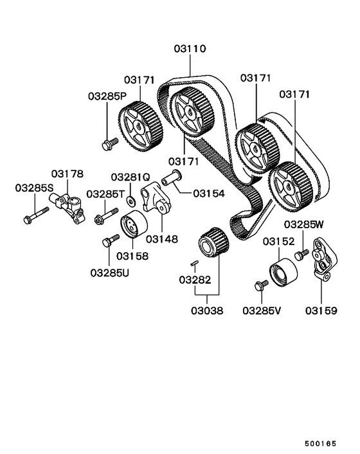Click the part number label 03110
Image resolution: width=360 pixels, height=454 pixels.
click(190, 48)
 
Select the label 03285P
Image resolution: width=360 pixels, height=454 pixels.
click(107, 96)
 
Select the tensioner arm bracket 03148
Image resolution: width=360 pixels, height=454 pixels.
click(155, 196)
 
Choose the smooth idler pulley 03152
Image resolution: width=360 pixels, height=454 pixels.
click(282, 274)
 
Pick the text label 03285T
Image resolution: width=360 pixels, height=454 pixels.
click(104, 194)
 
